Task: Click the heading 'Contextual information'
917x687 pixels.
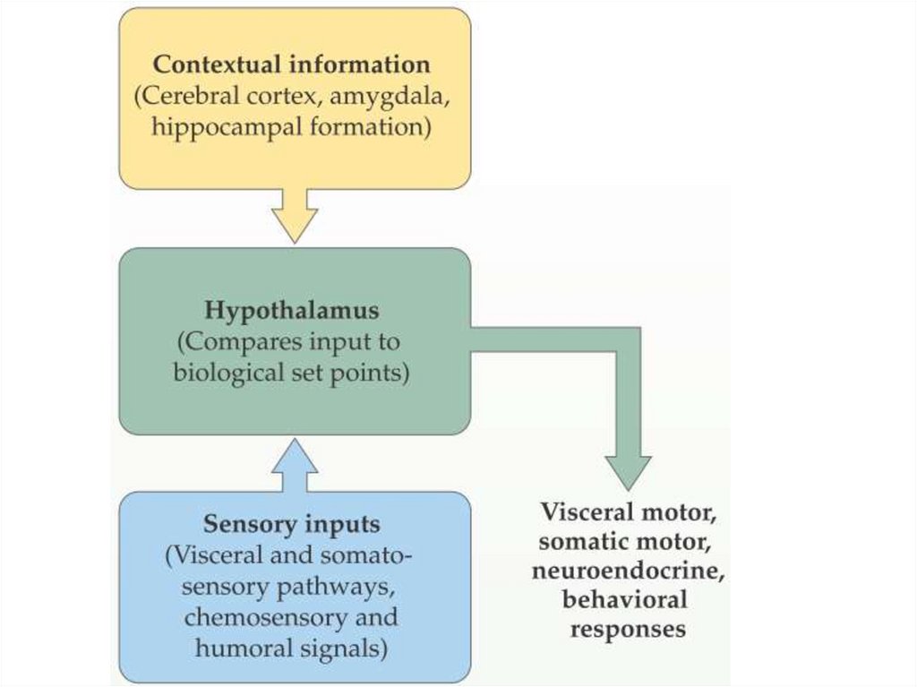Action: pyautogui.click(x=291, y=65)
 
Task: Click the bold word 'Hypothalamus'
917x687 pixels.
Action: pyautogui.click(x=292, y=311)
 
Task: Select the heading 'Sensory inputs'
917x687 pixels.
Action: pyautogui.click(x=291, y=524)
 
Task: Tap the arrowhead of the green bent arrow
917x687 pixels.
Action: pyautogui.click(x=629, y=470)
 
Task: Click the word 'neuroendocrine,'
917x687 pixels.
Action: pyautogui.click(x=628, y=571)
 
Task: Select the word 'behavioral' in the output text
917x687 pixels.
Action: pyautogui.click(x=625, y=599)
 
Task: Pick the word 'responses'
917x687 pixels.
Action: pyautogui.click(x=628, y=629)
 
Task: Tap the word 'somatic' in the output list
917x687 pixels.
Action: pyautogui.click(x=591, y=542)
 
